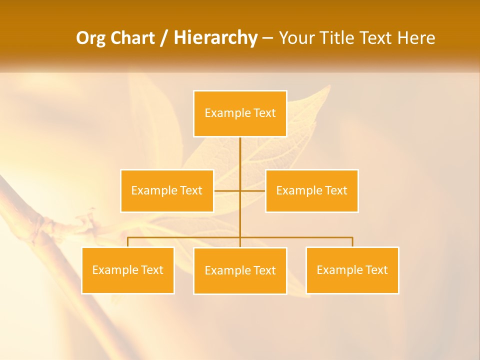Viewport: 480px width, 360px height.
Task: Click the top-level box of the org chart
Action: tap(240, 113)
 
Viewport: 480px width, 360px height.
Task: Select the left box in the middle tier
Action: tap(167, 190)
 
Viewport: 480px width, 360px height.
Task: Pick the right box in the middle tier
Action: tap(311, 190)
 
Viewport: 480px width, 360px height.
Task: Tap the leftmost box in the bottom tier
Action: tap(128, 270)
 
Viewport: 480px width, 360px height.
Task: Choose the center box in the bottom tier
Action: tap(240, 270)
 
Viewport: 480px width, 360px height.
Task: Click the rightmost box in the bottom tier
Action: tap(352, 270)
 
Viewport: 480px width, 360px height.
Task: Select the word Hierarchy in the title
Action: tap(215, 38)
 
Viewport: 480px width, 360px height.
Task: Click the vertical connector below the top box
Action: tap(240, 155)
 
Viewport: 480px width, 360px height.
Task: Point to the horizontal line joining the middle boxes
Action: tap(228, 190)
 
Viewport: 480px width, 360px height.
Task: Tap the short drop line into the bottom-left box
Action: tap(128, 242)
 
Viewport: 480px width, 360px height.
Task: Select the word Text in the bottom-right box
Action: tap(377, 270)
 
